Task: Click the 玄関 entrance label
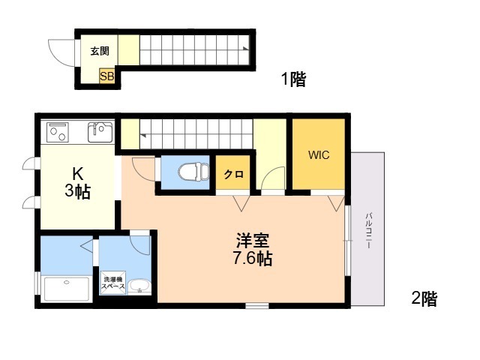tap(100, 51)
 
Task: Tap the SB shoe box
tap(106, 76)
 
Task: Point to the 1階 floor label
tap(293, 79)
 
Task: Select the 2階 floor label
tap(424, 298)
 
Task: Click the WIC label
tap(319, 155)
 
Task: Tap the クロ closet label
tap(233, 175)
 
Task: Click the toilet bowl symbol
tap(194, 172)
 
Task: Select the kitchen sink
tap(100, 132)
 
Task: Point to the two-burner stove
tap(57, 132)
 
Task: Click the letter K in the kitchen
tap(78, 174)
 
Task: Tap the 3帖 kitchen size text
tap(78, 192)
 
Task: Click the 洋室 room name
tap(253, 240)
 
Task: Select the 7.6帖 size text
tap(253, 259)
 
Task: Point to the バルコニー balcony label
tap(368, 230)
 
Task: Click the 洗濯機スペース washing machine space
tap(113, 283)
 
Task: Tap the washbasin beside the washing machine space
tap(139, 286)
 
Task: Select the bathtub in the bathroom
tap(67, 289)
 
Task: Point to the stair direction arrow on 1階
tap(245, 48)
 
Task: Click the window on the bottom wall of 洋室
tap(257, 305)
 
